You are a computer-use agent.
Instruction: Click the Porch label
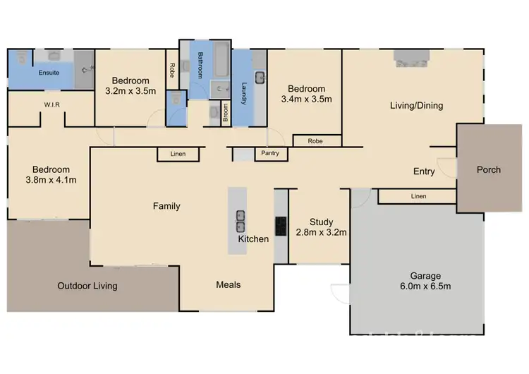pyautogui.click(x=488, y=169)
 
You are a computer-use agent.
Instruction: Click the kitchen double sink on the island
pyautogui.click(x=241, y=222)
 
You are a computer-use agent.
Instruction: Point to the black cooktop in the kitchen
pyautogui.click(x=281, y=225)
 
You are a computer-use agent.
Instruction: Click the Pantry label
pyautogui.click(x=270, y=153)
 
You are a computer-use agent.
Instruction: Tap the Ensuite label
pyautogui.click(x=29, y=73)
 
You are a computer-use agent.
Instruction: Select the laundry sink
pyautogui.click(x=260, y=77)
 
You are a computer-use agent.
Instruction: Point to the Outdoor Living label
pyautogui.click(x=87, y=286)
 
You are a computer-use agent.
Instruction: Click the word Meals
pyautogui.click(x=228, y=285)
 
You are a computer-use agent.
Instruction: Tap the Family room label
pyautogui.click(x=166, y=206)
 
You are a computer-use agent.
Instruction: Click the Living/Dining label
pyautogui.click(x=416, y=106)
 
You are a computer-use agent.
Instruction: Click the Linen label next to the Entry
pyautogui.click(x=418, y=195)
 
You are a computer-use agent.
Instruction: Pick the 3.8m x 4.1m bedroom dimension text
pyautogui.click(x=51, y=180)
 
